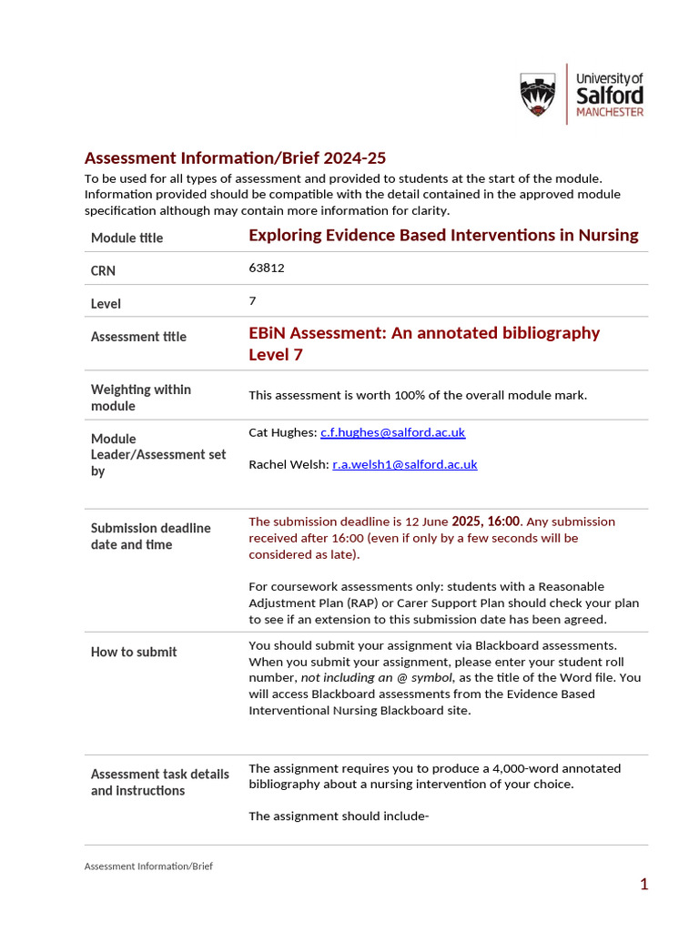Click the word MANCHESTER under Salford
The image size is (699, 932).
tap(610, 112)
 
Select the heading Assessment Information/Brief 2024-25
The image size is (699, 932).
tap(228, 157)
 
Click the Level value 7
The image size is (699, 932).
tap(252, 300)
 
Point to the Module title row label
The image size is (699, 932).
tap(127, 238)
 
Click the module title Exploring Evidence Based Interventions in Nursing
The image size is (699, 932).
tap(443, 235)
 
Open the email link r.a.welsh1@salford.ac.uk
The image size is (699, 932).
tap(404, 464)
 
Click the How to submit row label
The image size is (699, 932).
tap(134, 652)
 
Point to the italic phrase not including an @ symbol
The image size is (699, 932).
tap(376, 677)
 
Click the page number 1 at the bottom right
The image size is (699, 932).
tap(643, 884)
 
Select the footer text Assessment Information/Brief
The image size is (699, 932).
tap(148, 866)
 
